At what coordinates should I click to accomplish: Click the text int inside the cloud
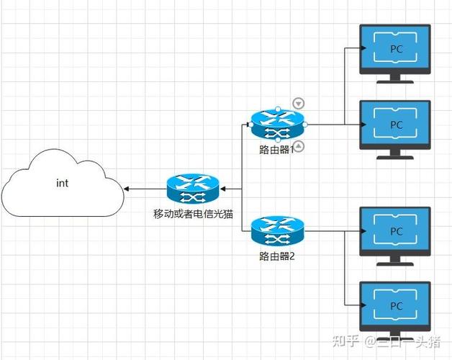pos(62,183)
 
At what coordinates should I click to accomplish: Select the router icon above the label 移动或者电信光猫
pos(192,189)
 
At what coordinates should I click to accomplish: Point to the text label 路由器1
pos(277,150)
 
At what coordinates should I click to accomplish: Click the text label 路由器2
pos(277,256)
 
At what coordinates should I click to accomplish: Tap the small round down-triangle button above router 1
pos(299,104)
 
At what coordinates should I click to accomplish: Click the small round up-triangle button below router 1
pos(299,147)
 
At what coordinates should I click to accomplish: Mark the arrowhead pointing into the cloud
pos(126,189)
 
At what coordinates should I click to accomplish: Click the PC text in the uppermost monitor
pos(396,49)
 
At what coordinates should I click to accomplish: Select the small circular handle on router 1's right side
pos(305,125)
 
